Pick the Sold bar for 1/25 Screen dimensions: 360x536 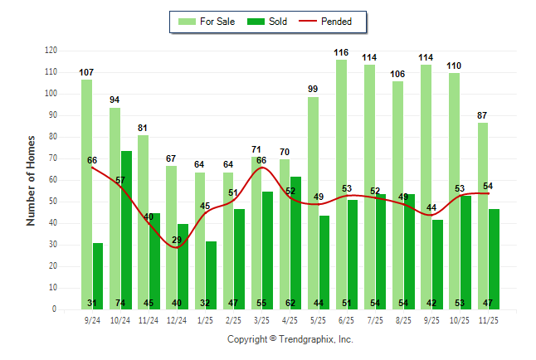coord(211,275)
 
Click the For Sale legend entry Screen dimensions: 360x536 coord(207,21)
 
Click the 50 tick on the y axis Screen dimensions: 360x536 coord(53,202)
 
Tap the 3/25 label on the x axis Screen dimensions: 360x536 coord(261,319)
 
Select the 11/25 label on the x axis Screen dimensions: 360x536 coord(488,319)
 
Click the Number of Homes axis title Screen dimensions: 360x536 coord(31,180)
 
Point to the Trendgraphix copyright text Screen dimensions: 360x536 coord(290,339)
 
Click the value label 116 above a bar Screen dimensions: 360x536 coord(341,52)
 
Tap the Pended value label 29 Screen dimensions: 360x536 coord(177,241)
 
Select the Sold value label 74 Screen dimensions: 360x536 coord(126,303)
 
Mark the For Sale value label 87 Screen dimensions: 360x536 coord(482,115)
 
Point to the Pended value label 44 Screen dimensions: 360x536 coord(431,207)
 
